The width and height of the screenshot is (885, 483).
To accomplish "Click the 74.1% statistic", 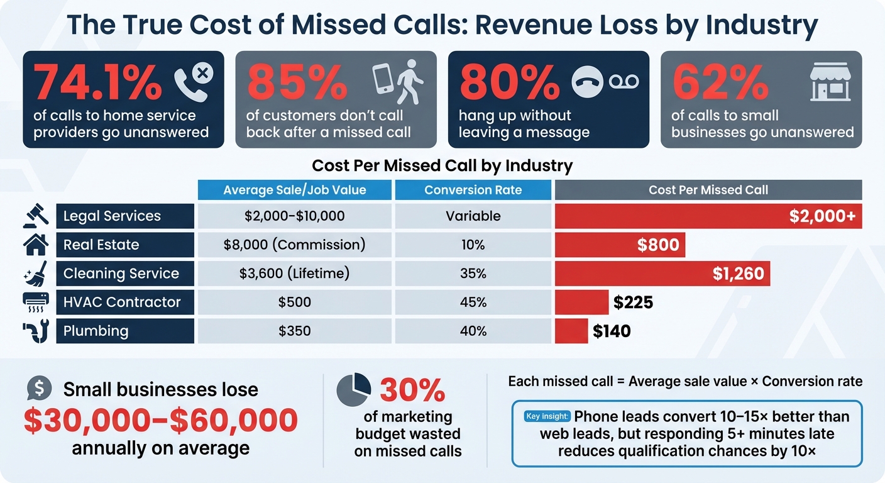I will point(97,82).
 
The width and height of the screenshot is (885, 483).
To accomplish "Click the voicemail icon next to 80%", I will point(623,82).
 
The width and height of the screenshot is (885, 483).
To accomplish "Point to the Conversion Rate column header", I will point(473,190).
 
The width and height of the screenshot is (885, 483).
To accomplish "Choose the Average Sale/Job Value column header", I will point(294,190).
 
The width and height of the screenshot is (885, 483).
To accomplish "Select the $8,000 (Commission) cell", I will point(294,245).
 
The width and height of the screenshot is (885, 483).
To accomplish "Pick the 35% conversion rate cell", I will point(473,274).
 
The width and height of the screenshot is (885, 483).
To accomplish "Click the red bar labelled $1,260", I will point(661,274).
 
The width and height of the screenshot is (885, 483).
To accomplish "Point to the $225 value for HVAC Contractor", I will point(633,303).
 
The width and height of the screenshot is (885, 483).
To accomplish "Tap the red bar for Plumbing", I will point(571,331).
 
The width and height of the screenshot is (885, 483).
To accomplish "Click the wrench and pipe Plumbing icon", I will point(35,331).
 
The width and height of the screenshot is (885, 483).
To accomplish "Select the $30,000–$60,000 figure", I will point(160,419).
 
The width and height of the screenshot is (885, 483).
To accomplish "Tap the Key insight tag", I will point(546,416).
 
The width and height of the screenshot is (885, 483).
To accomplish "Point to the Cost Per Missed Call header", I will point(708,190).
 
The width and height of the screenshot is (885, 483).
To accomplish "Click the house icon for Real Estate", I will point(35,245).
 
